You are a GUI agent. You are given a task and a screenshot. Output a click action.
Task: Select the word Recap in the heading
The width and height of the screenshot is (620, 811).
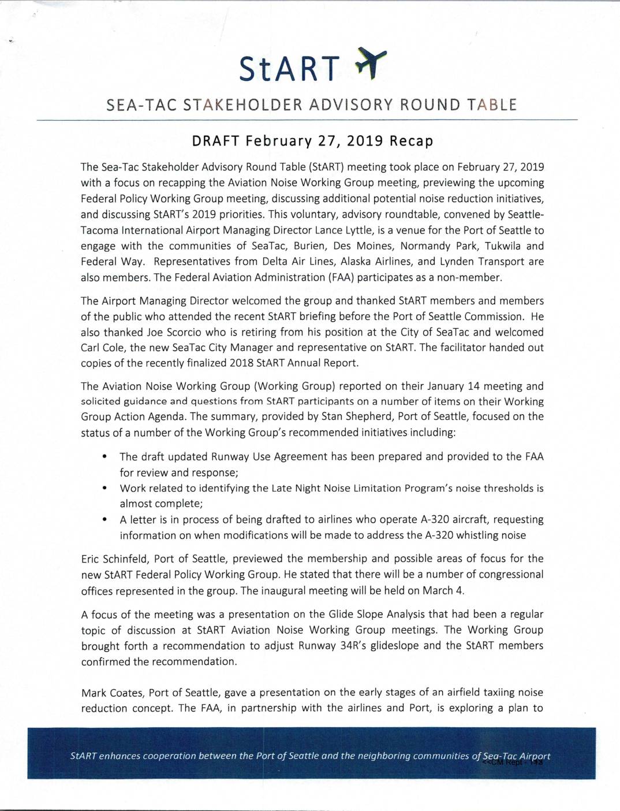[412, 142]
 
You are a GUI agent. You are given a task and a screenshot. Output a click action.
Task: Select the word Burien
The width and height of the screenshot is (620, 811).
[310, 245]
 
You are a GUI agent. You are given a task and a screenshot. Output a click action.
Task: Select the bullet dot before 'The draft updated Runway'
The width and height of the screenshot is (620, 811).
[104, 457]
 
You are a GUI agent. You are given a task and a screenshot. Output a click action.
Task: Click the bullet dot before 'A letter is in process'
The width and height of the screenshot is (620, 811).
[104, 520]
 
